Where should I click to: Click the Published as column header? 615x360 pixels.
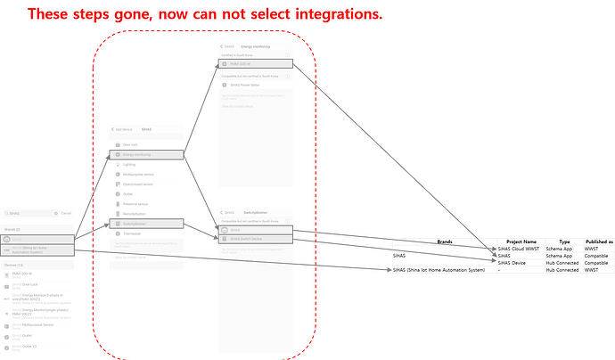(598, 241)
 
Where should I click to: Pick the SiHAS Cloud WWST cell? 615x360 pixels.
(519, 248)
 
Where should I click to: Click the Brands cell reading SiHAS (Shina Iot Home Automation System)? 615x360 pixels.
(439, 270)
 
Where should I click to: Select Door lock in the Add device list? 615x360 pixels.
(130, 144)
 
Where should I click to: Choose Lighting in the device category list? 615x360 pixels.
(130, 164)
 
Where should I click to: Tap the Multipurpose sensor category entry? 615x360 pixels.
(138, 174)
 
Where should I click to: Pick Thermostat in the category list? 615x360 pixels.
(133, 233)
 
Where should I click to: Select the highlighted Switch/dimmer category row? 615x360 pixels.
(135, 224)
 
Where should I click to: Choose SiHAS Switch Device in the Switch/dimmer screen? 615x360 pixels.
(247, 239)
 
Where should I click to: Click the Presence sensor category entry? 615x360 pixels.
(135, 204)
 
